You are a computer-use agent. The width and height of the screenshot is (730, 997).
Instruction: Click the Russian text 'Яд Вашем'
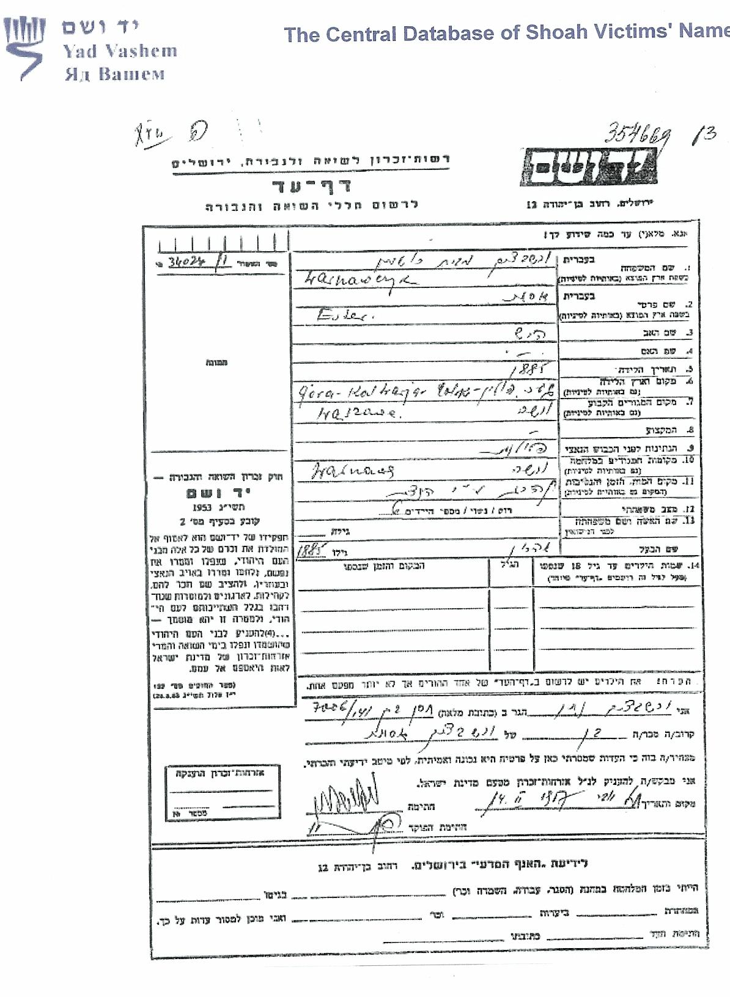point(116,75)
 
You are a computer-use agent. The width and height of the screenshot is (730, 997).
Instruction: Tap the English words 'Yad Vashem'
point(120,51)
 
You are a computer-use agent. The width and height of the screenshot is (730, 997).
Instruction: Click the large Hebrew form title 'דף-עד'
point(311,185)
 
